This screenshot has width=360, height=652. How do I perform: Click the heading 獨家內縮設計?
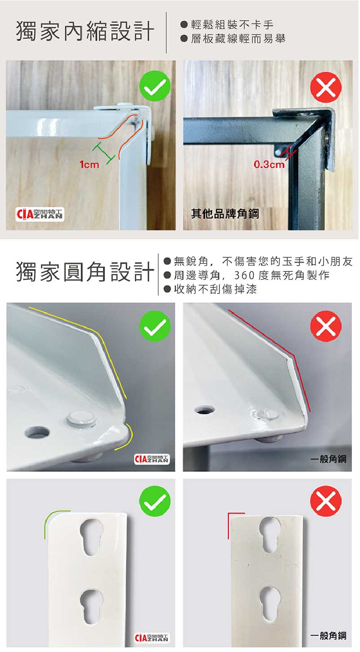click(x=85, y=31)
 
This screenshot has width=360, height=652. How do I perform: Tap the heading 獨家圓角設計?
click(x=85, y=271)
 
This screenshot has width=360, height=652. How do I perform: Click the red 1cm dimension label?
click(x=89, y=165)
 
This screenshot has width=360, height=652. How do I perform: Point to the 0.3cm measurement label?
click(x=269, y=164)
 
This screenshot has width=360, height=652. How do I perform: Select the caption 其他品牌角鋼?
click(x=225, y=214)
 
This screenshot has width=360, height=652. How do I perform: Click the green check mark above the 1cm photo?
click(x=155, y=86)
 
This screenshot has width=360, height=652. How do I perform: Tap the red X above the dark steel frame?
click(x=326, y=88)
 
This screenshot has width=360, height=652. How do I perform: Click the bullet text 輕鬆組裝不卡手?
click(x=232, y=25)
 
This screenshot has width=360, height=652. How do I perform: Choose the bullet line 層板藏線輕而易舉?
click(x=238, y=38)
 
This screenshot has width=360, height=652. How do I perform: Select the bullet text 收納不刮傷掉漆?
click(x=215, y=289)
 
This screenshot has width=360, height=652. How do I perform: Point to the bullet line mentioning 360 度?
click(x=252, y=275)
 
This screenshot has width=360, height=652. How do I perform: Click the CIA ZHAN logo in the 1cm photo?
click(x=40, y=215)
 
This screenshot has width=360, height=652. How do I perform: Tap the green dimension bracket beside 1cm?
click(x=103, y=153)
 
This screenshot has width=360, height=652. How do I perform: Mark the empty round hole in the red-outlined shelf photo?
click(x=205, y=410)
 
